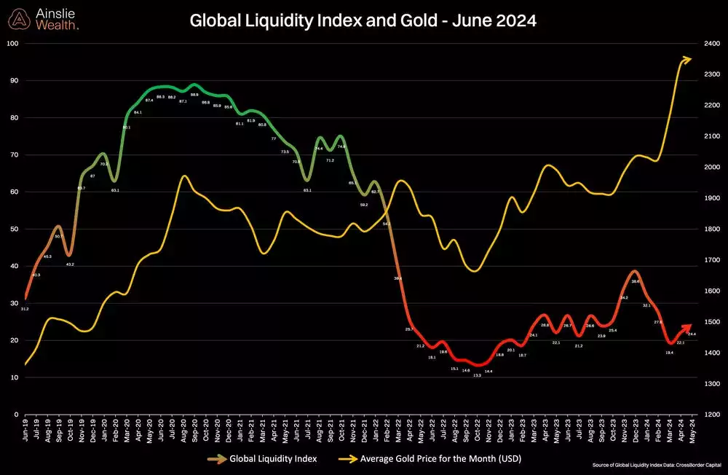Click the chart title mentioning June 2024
[363, 21]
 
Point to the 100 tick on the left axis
[12, 44]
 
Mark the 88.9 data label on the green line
[194, 95]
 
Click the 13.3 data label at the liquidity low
[476, 375]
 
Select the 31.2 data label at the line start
[25, 309]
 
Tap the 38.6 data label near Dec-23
[635, 281]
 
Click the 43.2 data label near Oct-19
[70, 264]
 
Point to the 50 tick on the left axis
[14, 229]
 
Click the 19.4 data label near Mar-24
[669, 353]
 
